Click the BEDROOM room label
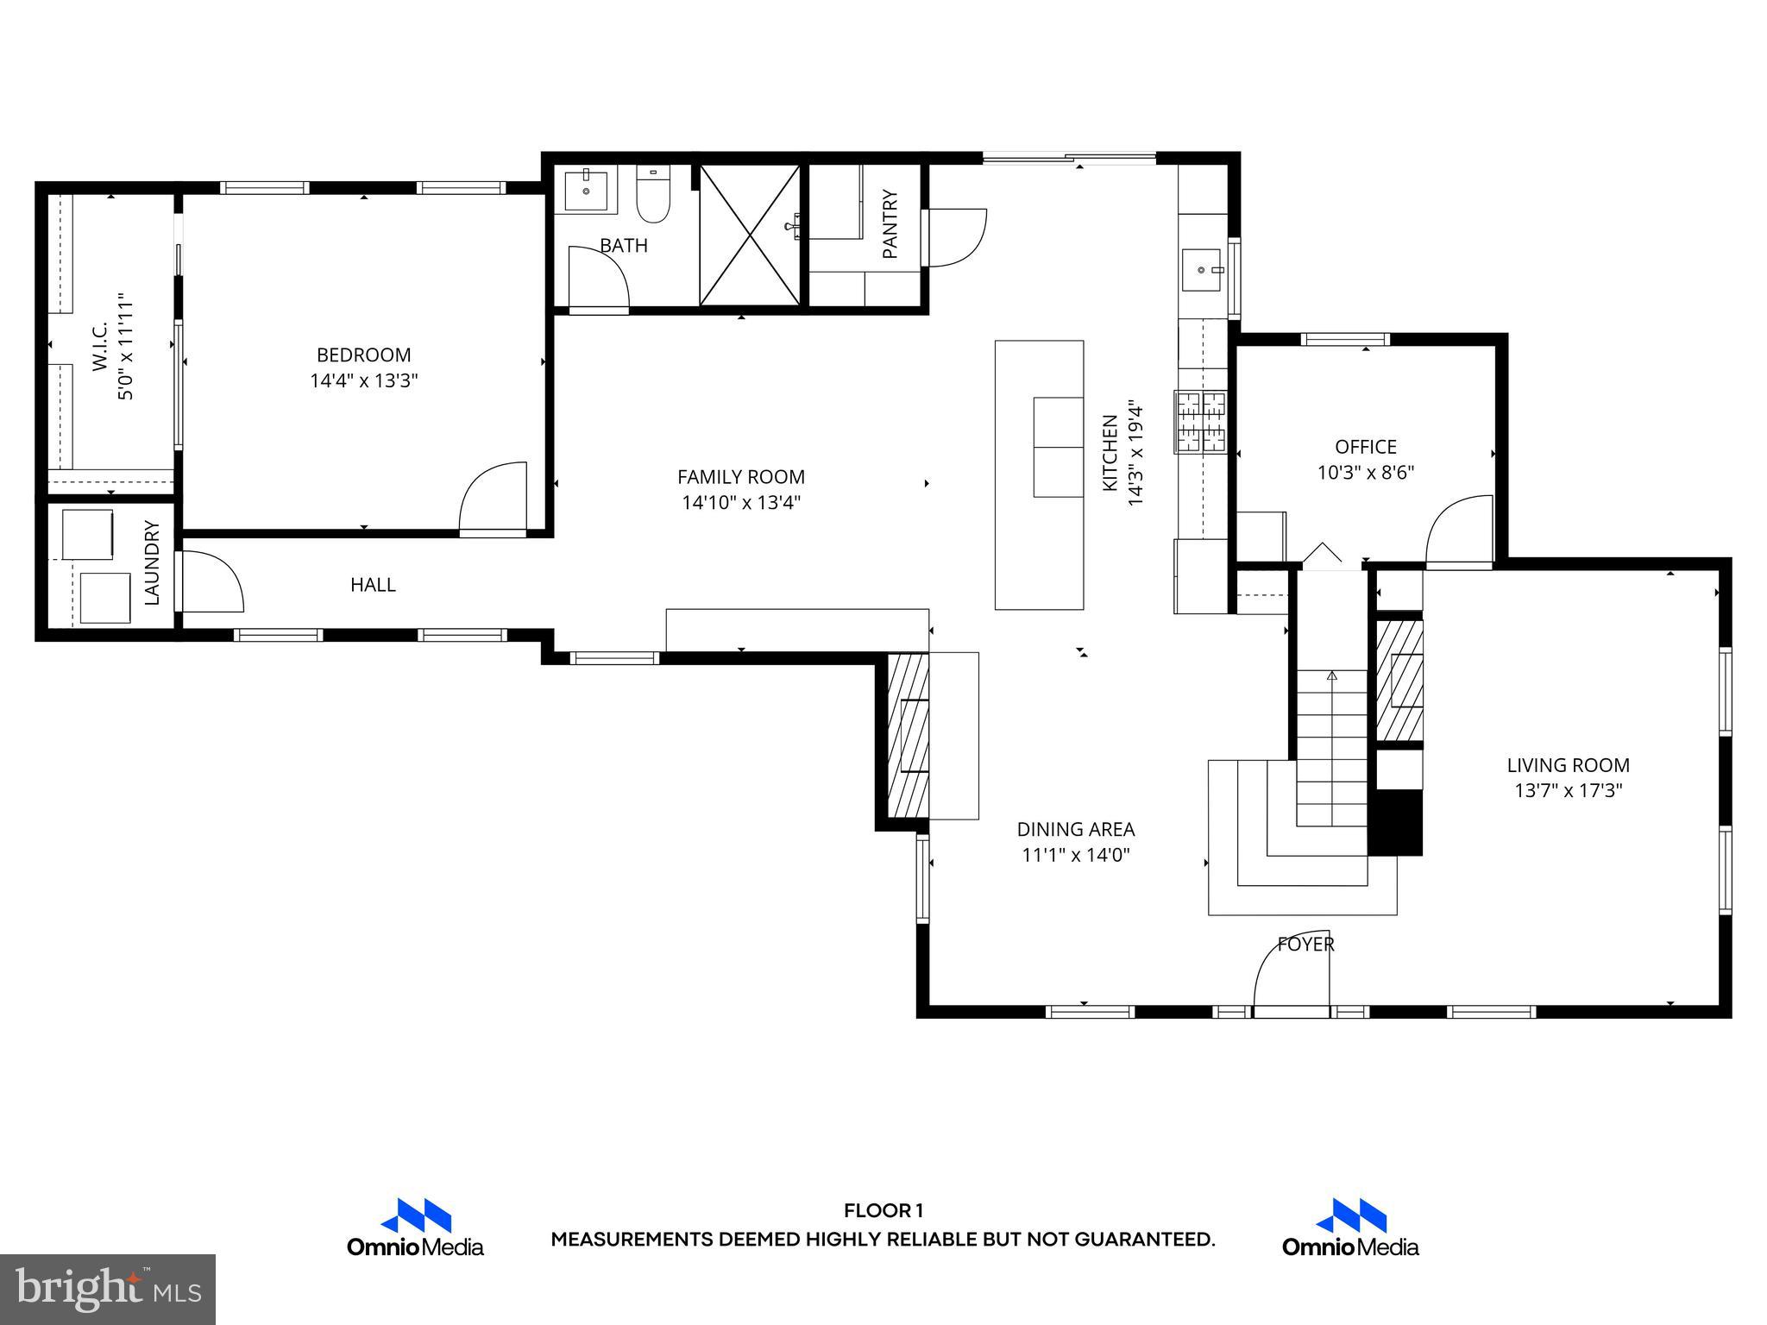[363, 355]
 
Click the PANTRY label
[890, 224]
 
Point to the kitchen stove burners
[1200, 422]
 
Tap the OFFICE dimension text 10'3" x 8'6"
[1365, 473]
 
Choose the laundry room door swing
[210, 583]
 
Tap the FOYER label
[1305, 945]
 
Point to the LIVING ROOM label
[1568, 765]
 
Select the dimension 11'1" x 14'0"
[1075, 855]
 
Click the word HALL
[373, 585]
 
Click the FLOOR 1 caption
[883, 1210]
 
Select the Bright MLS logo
[108, 1289]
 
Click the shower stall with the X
[749, 235]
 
